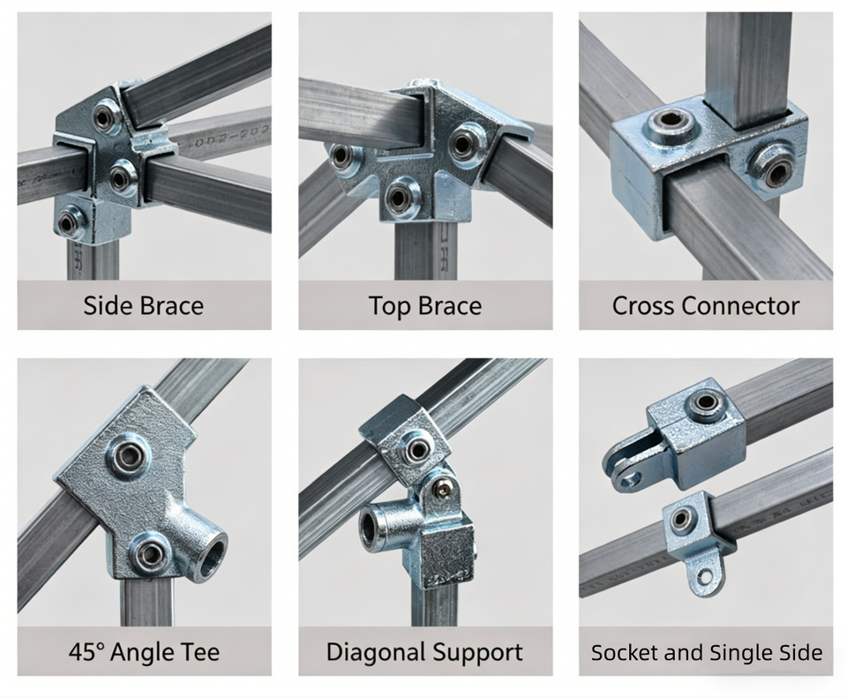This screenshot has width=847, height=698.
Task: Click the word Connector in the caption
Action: [740, 306]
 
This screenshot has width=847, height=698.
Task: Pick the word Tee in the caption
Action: [201, 651]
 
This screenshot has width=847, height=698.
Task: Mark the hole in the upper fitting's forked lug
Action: [632, 477]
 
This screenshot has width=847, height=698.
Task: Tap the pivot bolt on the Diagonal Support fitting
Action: [444, 488]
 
